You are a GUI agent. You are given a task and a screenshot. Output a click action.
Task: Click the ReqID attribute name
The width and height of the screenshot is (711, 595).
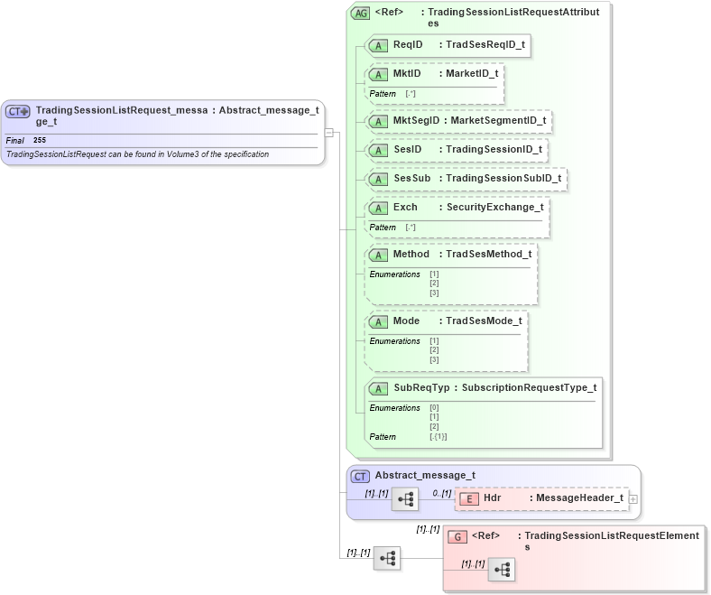coord(408,44)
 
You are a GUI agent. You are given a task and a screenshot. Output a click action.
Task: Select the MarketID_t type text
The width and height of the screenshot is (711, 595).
coord(472,73)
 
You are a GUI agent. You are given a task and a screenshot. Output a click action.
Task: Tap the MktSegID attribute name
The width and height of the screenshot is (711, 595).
coord(416,120)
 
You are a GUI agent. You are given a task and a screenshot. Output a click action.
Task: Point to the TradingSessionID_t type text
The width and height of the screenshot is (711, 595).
coord(494,149)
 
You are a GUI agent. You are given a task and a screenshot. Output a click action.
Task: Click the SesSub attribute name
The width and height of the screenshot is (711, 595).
coord(411,178)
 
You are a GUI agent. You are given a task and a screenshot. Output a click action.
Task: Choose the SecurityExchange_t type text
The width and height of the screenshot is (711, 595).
coord(494,207)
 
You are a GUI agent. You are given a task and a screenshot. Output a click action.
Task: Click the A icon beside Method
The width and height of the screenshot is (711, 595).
coord(380,255)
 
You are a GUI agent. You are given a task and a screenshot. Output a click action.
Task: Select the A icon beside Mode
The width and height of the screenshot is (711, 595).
coord(380,321)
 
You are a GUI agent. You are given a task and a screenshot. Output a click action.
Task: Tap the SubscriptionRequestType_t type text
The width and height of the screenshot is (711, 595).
coord(529,388)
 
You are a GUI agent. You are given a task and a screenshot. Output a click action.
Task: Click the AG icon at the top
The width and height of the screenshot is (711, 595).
coord(360,14)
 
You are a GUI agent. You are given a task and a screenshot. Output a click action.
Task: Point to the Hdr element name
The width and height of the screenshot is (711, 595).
coord(493,497)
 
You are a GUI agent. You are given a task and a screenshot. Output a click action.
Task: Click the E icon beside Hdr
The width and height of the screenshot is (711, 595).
coord(469,498)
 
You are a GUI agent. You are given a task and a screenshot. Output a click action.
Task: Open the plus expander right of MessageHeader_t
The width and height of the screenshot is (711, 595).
coord(633,498)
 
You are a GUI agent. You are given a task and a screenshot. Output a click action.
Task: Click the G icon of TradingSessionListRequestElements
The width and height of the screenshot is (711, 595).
coord(457,536)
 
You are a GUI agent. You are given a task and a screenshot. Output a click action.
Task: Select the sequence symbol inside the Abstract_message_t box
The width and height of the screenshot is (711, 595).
coord(405,499)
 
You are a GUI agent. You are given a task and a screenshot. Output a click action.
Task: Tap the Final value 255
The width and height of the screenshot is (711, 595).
coord(40,141)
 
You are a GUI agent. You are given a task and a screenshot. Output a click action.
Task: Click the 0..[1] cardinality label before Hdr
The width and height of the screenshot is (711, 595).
coord(441,493)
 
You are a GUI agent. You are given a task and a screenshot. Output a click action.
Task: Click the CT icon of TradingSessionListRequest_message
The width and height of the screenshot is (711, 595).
coord(18,112)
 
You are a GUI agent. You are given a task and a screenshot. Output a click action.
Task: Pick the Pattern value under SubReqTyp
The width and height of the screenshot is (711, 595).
coord(438,437)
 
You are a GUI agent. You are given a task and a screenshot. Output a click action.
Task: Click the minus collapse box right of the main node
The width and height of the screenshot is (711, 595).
coord(330,133)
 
